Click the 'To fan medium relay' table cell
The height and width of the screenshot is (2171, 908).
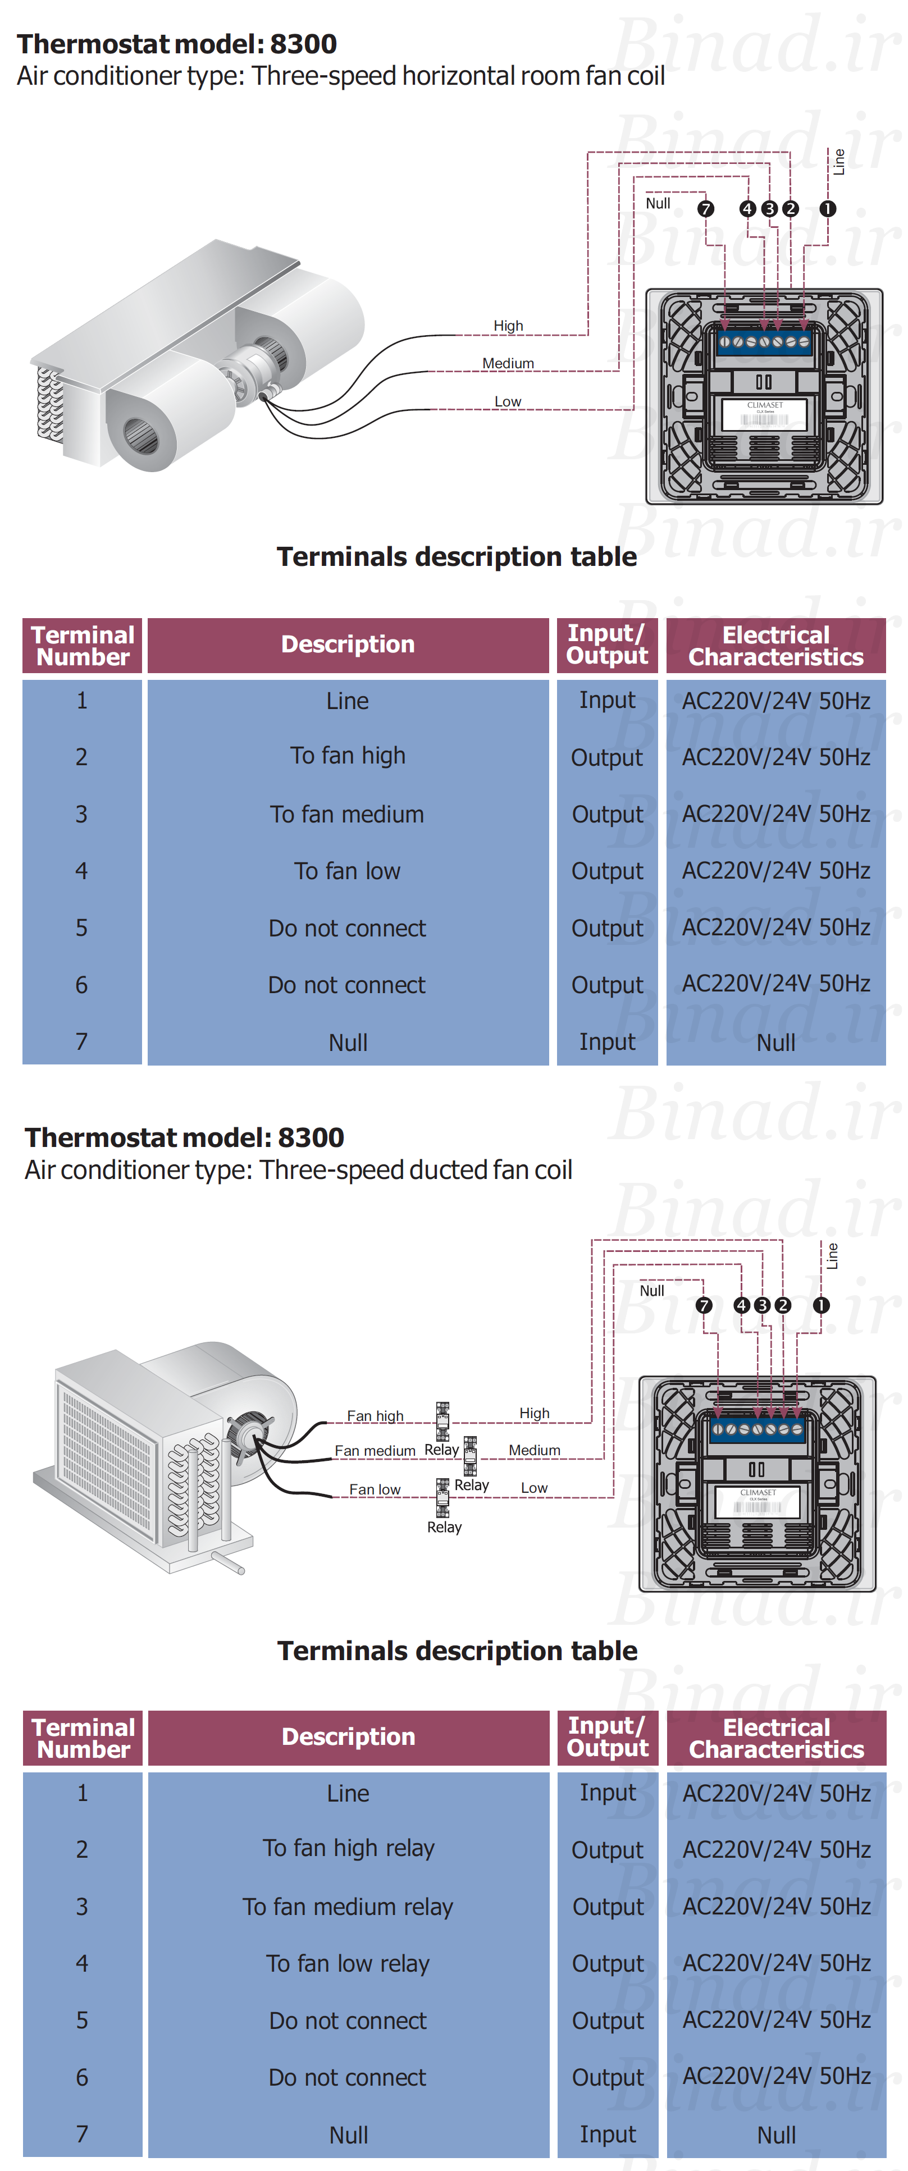point(348,1907)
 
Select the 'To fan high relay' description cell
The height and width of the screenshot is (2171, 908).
point(348,1848)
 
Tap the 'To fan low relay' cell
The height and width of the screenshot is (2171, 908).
point(348,1964)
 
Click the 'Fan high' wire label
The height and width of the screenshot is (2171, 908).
point(375,1416)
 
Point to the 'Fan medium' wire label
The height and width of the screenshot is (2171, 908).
point(375,1451)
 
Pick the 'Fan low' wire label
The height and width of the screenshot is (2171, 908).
point(375,1489)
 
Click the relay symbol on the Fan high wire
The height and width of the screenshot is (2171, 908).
point(442,1421)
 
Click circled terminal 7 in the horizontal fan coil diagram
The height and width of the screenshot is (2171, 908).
point(706,209)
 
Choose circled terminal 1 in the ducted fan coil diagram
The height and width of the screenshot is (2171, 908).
point(821,1305)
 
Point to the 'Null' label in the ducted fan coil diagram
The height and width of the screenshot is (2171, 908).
point(652,1291)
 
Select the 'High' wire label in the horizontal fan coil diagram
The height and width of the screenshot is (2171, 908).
point(508,325)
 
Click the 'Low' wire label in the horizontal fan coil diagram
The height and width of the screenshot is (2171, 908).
point(508,401)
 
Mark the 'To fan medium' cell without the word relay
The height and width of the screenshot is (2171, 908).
point(348,814)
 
